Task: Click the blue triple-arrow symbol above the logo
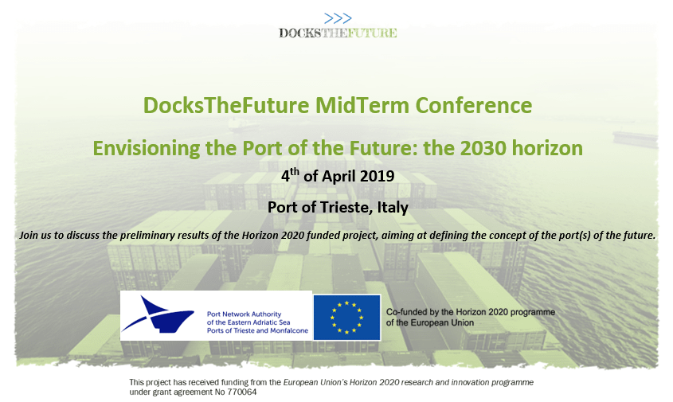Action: (338, 18)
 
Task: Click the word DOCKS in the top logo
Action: (300, 33)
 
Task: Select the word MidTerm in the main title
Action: (362, 105)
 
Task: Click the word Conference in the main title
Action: (473, 105)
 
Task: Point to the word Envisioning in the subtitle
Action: (147, 149)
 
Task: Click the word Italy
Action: (393, 208)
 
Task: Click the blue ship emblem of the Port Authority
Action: (158, 314)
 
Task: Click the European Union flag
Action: (346, 318)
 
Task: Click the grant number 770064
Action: (242, 392)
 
